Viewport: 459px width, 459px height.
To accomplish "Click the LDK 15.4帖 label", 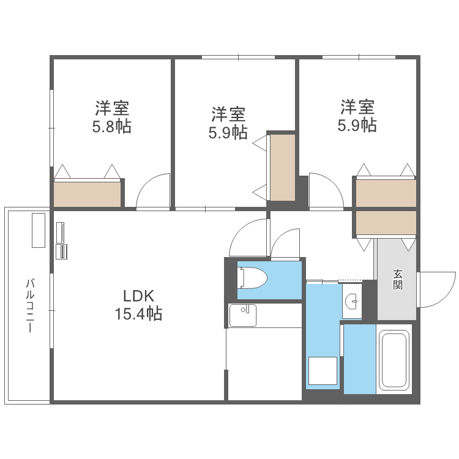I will click(x=138, y=305).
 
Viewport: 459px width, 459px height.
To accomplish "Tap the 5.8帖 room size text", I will click(x=111, y=127).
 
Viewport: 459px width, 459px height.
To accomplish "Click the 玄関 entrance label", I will click(x=398, y=280).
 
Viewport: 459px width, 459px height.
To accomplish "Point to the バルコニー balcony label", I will click(x=29, y=305).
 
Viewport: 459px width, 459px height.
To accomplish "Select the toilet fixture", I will click(x=253, y=279).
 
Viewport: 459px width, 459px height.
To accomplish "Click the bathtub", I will click(x=394, y=359).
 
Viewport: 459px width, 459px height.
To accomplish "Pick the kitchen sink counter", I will click(x=242, y=315).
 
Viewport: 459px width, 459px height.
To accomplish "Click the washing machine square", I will click(x=322, y=371).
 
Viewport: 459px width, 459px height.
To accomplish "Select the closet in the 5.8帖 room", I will click(x=88, y=194).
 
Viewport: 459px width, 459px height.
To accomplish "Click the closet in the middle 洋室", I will click(x=282, y=167).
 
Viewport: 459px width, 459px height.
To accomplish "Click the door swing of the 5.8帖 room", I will click(x=154, y=192).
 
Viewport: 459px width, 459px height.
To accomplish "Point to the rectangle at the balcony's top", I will click(x=38, y=229).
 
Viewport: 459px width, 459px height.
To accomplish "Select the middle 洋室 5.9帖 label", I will click(x=229, y=123).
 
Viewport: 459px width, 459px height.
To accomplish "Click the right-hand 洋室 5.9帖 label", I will click(x=358, y=116).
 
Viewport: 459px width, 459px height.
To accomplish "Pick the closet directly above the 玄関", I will click(x=385, y=223).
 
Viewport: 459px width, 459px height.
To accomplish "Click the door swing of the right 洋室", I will click(x=324, y=191).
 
